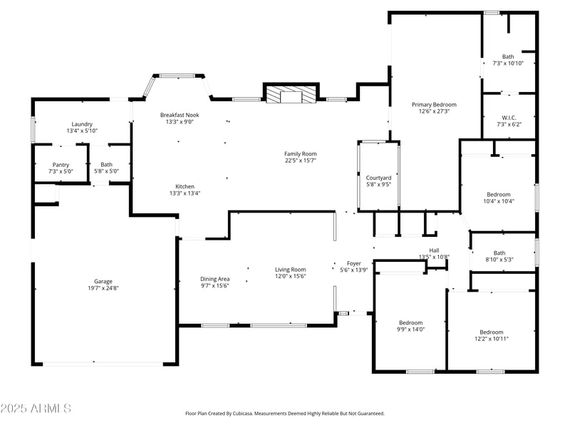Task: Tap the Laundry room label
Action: point(82,124)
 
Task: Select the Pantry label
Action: point(61,165)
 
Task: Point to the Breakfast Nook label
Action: point(180,115)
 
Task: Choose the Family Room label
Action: point(300,153)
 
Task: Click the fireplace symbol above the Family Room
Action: point(290,94)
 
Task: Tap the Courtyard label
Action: point(378,178)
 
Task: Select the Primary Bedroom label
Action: point(434,105)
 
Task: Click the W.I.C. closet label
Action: point(509,118)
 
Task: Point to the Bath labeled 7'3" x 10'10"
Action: point(508,57)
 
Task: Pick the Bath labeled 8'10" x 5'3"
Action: point(499,253)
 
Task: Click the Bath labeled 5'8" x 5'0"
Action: point(106,165)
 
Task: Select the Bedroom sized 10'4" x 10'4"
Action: point(499,195)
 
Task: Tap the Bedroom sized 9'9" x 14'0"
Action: point(410,322)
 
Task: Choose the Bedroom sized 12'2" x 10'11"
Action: point(491,332)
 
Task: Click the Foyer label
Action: point(354,263)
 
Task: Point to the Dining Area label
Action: point(214,279)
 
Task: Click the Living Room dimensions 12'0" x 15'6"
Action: point(290,276)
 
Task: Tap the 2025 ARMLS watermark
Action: point(36,408)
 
